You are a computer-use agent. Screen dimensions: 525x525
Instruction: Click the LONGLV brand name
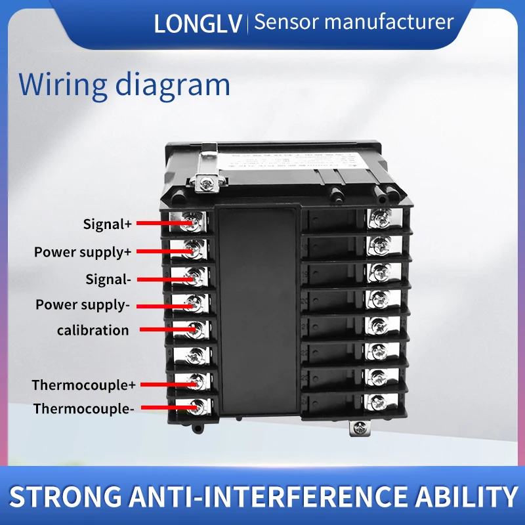tap(198, 23)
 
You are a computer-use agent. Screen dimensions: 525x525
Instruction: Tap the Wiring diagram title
tap(125, 85)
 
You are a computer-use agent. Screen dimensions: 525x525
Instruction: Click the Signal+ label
tap(108, 224)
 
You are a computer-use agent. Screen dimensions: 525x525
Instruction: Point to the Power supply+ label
tap(83, 252)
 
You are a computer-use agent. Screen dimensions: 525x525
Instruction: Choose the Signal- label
tap(108, 279)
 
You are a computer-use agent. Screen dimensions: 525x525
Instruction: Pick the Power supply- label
tap(83, 304)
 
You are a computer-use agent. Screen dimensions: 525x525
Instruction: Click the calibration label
tap(93, 330)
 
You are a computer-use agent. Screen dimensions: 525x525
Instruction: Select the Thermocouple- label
tap(84, 409)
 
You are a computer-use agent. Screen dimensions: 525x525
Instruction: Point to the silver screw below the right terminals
tap(360, 428)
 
